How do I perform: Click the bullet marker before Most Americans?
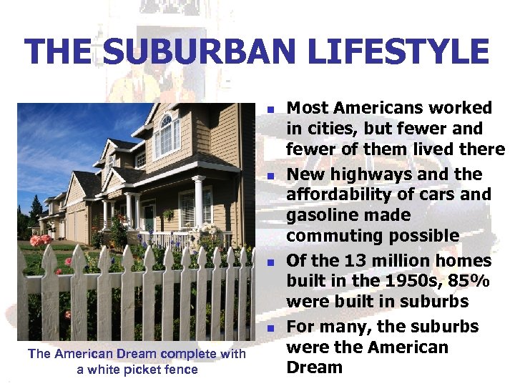[x=272, y=109]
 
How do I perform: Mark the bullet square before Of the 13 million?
[x=272, y=262]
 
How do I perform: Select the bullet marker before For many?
[x=272, y=328]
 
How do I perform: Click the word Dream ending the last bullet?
[x=315, y=367]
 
